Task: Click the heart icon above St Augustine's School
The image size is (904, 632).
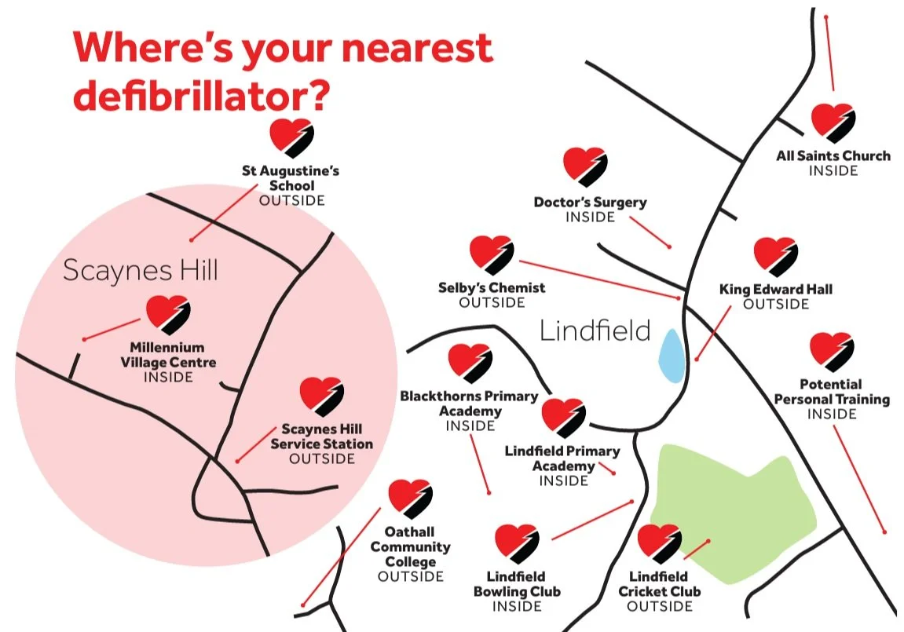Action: [x=291, y=138]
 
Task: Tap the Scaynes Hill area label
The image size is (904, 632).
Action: [x=140, y=270]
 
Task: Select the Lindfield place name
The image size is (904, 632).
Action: [x=595, y=331]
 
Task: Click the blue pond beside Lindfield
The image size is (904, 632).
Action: [x=669, y=356]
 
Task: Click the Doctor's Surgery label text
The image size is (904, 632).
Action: [x=590, y=203]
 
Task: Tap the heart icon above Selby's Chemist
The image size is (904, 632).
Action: [x=492, y=254]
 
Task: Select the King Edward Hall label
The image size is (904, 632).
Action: [x=775, y=290]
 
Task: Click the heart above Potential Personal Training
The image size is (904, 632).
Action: [x=831, y=352]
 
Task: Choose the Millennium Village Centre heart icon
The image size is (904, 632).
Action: [x=168, y=313]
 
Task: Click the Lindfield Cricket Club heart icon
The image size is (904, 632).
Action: [x=658, y=542]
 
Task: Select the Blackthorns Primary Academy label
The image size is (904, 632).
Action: [x=470, y=404]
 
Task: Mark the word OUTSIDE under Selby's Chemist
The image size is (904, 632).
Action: [x=492, y=302]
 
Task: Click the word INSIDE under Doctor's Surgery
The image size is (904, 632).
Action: [x=590, y=217]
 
